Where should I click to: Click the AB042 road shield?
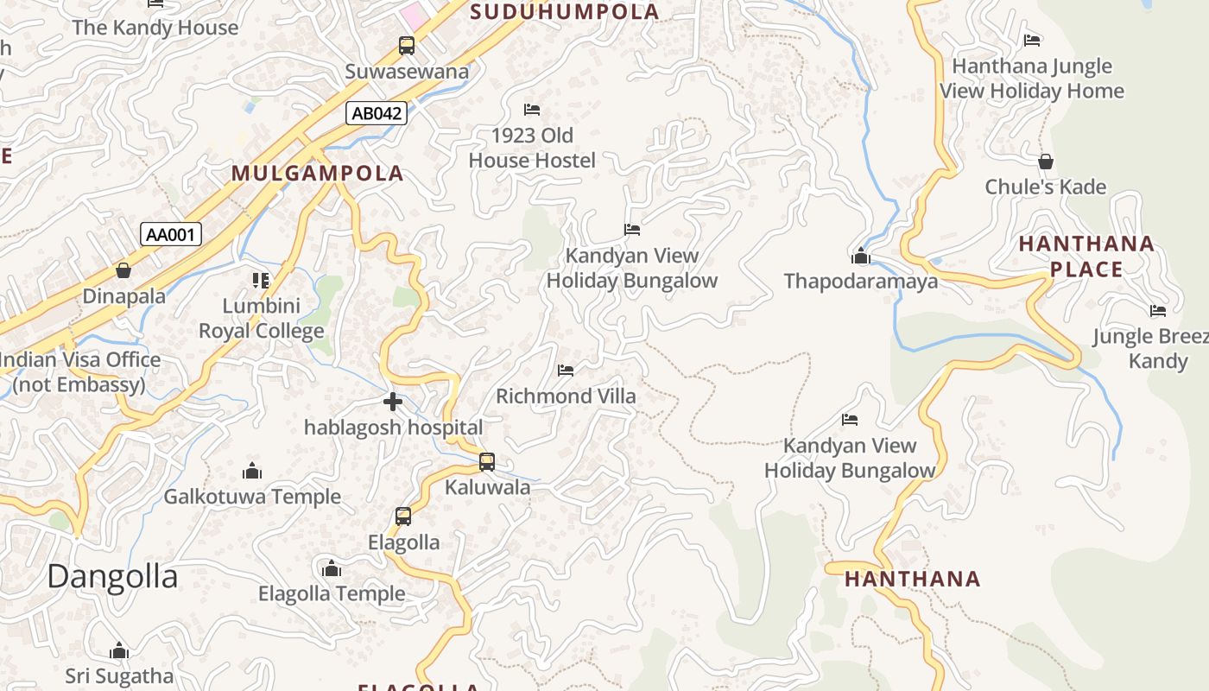tap(377, 112)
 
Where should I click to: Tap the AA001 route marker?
tap(171, 234)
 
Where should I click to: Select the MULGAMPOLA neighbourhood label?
tap(318, 173)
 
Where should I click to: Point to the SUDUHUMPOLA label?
tap(566, 12)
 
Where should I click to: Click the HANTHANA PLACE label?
tap(1086, 257)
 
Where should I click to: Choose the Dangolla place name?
tap(112, 576)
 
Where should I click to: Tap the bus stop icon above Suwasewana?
tap(406, 45)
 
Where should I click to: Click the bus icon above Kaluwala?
tap(487, 462)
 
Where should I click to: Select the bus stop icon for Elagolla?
tap(403, 517)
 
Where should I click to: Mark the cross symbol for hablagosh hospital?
tap(393, 402)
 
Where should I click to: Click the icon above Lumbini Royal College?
tap(261, 280)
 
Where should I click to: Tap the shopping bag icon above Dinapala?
tap(123, 270)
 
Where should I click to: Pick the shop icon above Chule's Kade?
tap(1045, 162)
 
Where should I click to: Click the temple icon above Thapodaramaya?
tap(860, 256)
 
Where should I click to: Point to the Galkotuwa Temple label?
tap(252, 497)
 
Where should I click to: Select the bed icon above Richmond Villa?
tap(566, 371)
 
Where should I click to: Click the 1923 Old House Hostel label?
tap(532, 148)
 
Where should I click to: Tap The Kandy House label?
tap(155, 28)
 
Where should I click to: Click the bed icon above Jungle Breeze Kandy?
tap(1158, 311)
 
